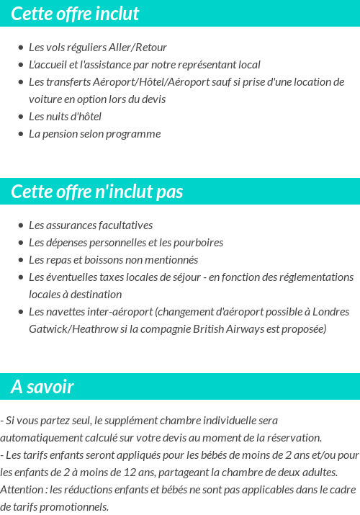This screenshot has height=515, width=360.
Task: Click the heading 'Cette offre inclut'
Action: tap(75, 14)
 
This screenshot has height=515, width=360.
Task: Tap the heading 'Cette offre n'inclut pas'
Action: tap(97, 192)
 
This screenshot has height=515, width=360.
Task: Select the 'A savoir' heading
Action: tap(42, 387)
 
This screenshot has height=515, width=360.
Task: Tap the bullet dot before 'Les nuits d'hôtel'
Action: tap(21, 117)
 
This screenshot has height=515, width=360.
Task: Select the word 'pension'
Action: tap(60, 134)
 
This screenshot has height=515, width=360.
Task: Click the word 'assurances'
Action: tap(69, 225)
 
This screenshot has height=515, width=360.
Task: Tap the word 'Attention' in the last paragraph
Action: tap(23, 489)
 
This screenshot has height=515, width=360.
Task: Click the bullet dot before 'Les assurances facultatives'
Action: tap(21, 225)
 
